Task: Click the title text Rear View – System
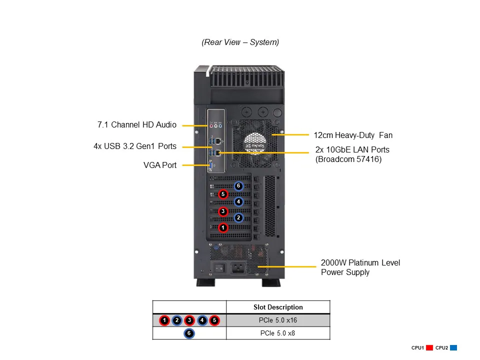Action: click(x=240, y=42)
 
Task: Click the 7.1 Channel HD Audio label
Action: click(x=136, y=125)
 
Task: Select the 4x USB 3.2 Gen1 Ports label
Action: click(x=134, y=146)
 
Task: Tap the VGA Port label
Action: click(x=159, y=165)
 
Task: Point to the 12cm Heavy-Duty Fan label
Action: click(x=353, y=135)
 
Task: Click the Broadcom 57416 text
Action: click(x=348, y=159)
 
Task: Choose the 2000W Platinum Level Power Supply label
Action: click(x=360, y=267)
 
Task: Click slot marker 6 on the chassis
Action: click(x=238, y=186)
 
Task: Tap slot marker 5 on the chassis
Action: click(x=223, y=194)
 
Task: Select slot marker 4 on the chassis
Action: click(x=238, y=202)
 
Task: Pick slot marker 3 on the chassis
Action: click(x=223, y=211)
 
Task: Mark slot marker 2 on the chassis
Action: click(x=238, y=218)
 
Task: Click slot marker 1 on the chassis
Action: click(x=223, y=227)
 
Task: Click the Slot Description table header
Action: click(x=278, y=307)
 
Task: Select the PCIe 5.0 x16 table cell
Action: click(x=278, y=320)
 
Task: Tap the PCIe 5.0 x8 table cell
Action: click(x=278, y=333)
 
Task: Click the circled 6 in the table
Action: click(x=189, y=333)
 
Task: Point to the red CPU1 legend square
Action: click(x=429, y=347)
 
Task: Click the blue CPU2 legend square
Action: click(x=453, y=347)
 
